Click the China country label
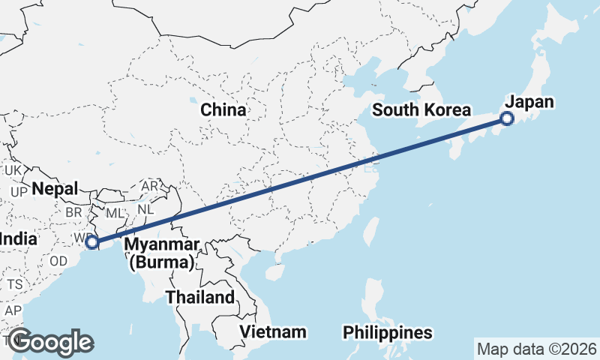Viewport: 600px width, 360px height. [x=223, y=110]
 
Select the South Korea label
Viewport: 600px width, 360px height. [x=421, y=110]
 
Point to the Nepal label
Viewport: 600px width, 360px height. [x=55, y=189]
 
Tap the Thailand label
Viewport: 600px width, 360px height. [x=200, y=297]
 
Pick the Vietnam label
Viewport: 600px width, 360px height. [x=273, y=331]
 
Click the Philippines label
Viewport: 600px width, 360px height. [x=388, y=332]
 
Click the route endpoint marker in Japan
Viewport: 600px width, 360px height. [x=507, y=118]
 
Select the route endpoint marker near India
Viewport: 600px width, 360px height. [x=91, y=242]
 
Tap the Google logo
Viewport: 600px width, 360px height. [x=50, y=342]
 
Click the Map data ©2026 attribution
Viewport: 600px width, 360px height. [x=536, y=349]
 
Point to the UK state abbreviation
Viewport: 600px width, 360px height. [x=13, y=171]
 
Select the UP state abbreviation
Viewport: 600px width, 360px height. [x=19, y=192]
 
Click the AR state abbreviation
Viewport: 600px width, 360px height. [x=150, y=186]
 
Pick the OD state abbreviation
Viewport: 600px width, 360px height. [x=58, y=261]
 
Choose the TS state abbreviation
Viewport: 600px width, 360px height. [x=15, y=285]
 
